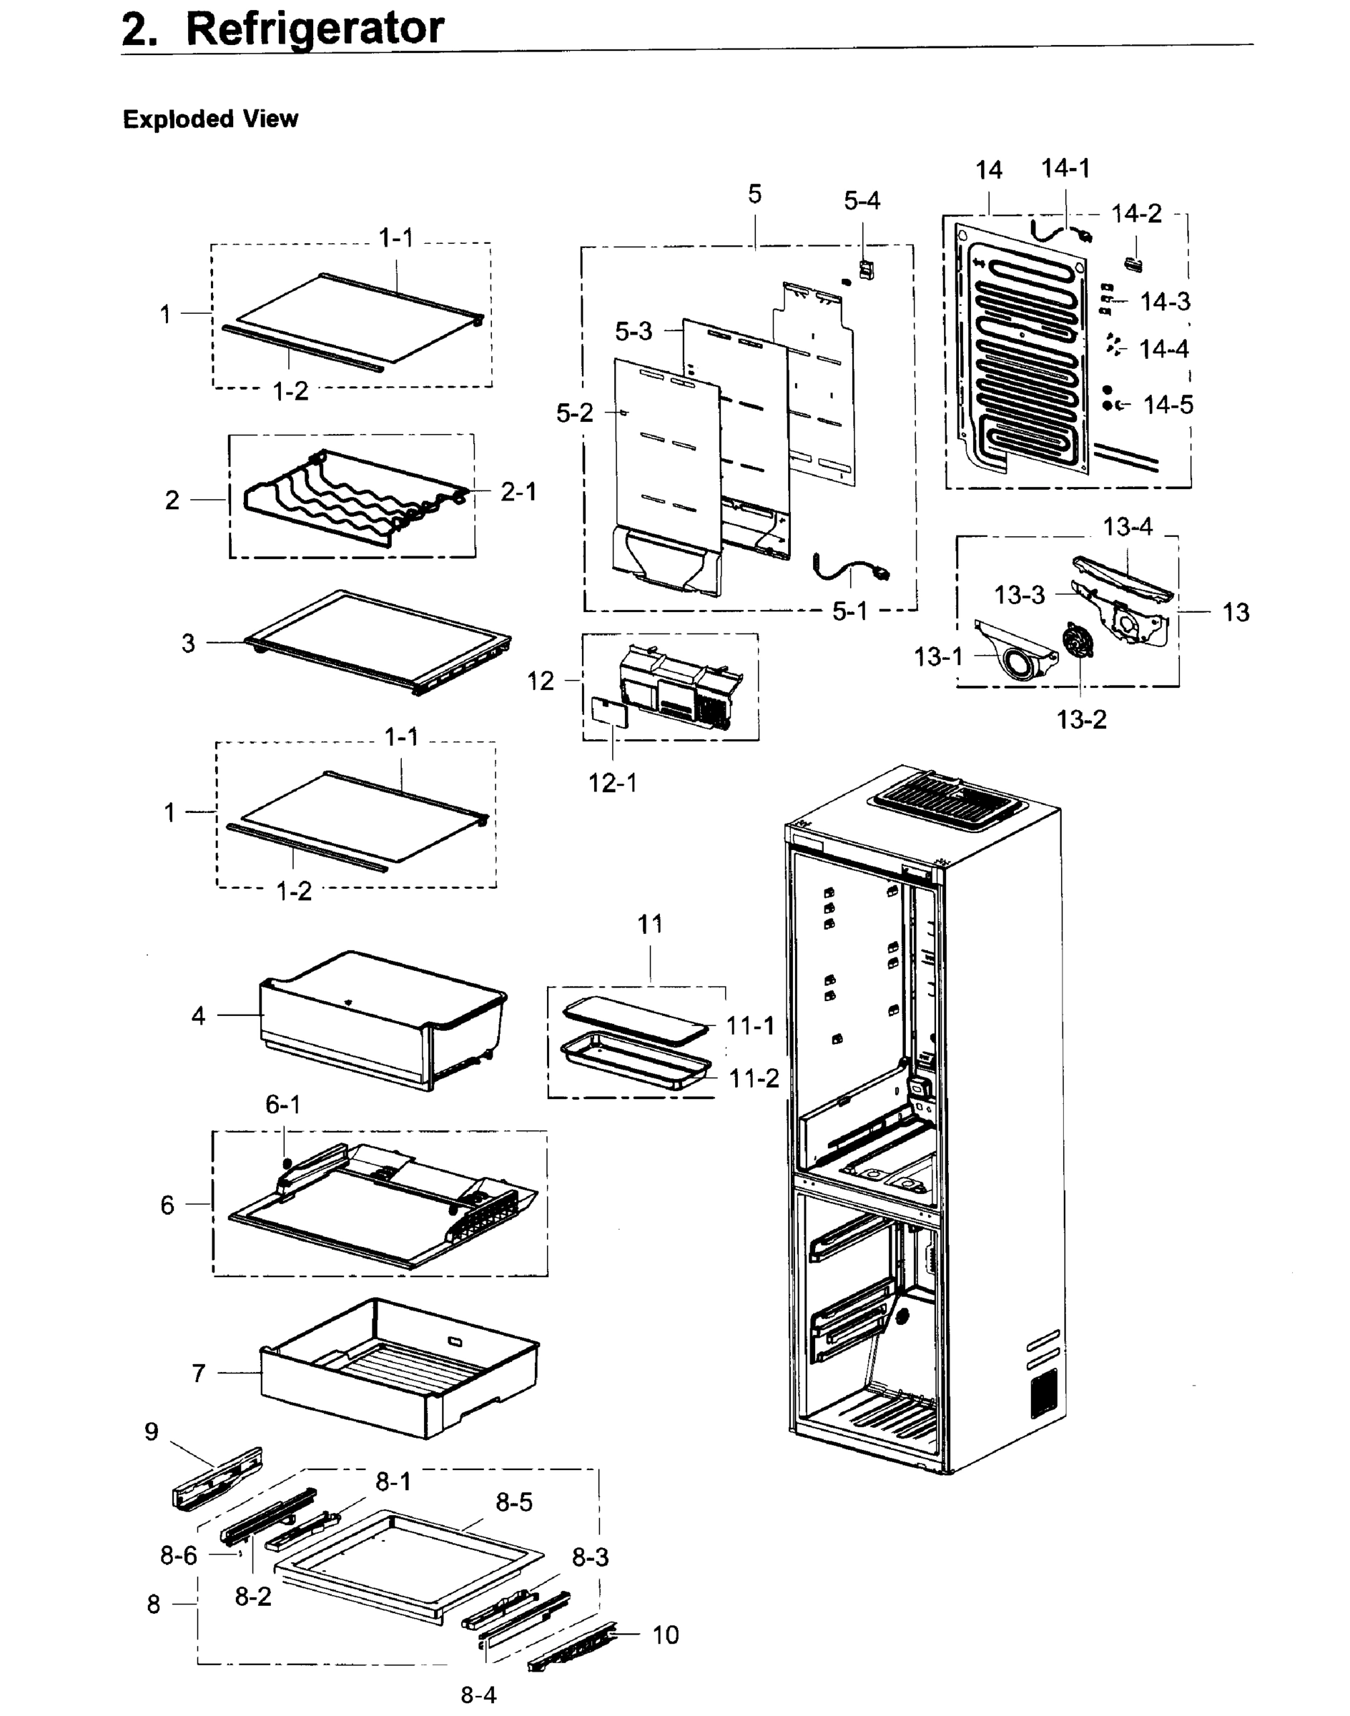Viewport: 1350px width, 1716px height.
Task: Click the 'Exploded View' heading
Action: pyautogui.click(x=210, y=119)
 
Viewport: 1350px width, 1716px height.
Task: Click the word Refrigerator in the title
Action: pyautogui.click(x=314, y=29)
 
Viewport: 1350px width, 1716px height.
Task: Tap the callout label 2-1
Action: pyautogui.click(x=518, y=492)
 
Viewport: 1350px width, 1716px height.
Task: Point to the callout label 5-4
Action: pyautogui.click(x=862, y=201)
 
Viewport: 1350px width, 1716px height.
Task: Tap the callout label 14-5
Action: pyautogui.click(x=1168, y=405)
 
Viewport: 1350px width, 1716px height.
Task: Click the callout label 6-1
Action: pyautogui.click(x=282, y=1104)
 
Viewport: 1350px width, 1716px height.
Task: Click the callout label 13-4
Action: pyautogui.click(x=1127, y=526)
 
